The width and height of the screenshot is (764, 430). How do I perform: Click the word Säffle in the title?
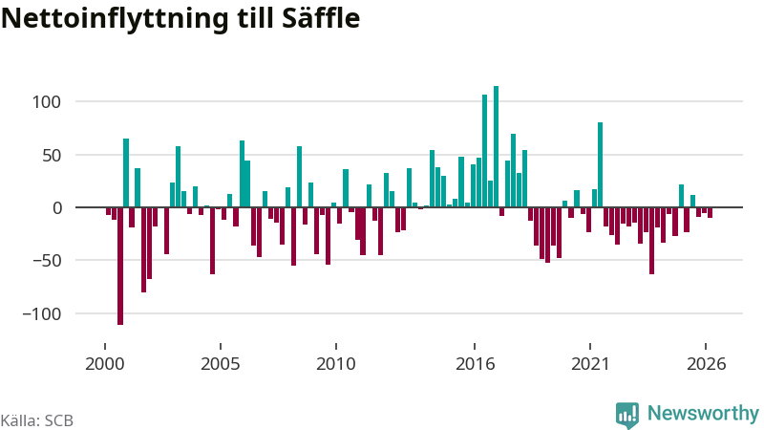click(x=321, y=18)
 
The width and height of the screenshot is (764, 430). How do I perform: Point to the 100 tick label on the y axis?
click(x=47, y=102)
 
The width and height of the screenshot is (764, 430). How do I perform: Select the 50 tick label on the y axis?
click(x=52, y=156)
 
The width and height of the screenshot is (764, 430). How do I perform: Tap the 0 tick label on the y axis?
click(x=57, y=208)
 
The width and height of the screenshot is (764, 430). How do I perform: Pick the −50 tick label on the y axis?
click(x=47, y=261)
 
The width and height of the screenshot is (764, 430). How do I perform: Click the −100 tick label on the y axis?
click(x=42, y=314)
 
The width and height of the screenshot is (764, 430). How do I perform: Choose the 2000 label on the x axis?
click(x=105, y=364)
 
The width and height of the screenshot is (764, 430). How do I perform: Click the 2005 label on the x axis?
click(x=221, y=364)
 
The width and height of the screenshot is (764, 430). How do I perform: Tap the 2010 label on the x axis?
click(x=336, y=364)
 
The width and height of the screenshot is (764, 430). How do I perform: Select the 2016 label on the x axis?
click(x=475, y=364)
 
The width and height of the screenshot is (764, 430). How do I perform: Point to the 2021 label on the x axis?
click(x=590, y=364)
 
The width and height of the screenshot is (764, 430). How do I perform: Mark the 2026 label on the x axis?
click(x=706, y=364)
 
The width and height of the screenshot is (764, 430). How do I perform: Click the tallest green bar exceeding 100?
click(x=496, y=147)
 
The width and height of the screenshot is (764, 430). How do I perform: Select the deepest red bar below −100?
click(x=120, y=267)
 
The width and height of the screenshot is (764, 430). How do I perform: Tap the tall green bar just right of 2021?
click(x=601, y=164)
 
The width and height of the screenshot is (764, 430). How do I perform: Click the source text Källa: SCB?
click(x=37, y=420)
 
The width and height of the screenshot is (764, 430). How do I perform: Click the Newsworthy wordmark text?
click(x=703, y=414)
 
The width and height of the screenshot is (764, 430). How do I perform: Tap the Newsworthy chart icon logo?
click(x=627, y=416)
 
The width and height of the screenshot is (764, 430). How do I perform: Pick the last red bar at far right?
click(x=711, y=212)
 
